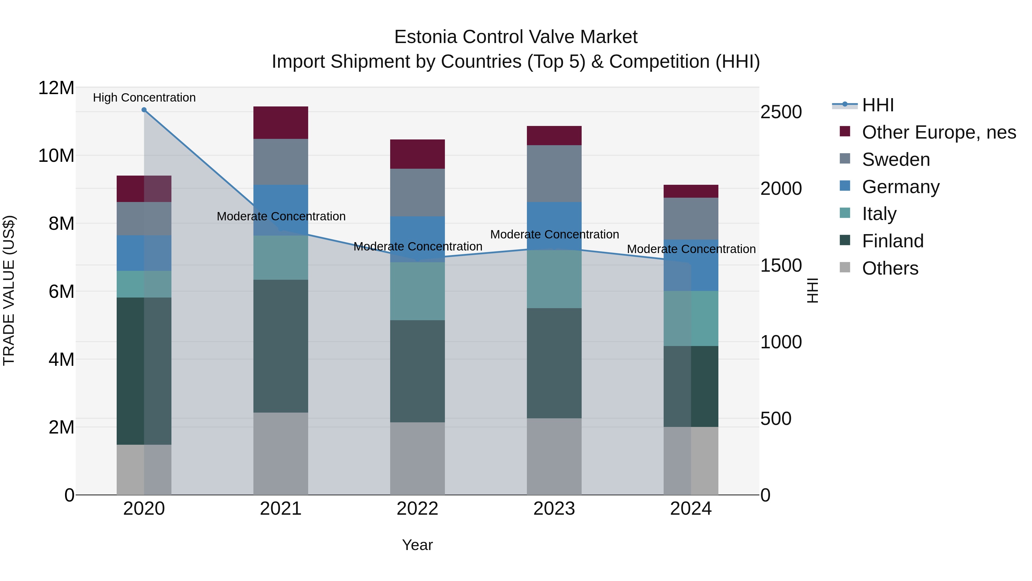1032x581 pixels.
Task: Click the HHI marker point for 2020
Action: click(x=144, y=110)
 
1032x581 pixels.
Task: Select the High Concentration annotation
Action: click(x=144, y=98)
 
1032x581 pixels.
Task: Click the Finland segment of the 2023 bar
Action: click(x=554, y=363)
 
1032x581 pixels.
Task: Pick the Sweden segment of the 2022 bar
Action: click(x=417, y=193)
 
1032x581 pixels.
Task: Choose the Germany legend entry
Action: click(x=900, y=187)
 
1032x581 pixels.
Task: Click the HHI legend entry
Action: click(x=877, y=105)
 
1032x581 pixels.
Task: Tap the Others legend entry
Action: click(x=890, y=268)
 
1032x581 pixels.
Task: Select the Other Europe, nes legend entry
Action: click(x=939, y=132)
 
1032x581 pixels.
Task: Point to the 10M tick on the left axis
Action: click(x=56, y=156)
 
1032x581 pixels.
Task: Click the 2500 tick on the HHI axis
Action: click(x=781, y=112)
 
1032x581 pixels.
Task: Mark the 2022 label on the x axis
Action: click(x=417, y=509)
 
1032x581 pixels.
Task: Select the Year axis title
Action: click(x=417, y=545)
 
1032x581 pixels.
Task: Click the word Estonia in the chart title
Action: click(x=425, y=37)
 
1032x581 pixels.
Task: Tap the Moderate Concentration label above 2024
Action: click(x=691, y=249)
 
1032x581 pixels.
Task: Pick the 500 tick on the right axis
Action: click(x=776, y=419)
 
